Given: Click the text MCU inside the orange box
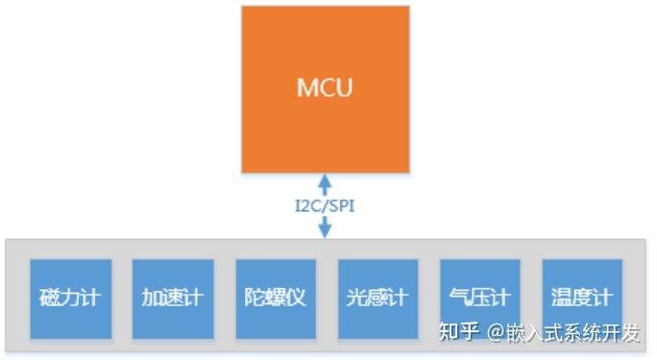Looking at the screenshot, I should pos(325,88).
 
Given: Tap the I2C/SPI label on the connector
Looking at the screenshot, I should pos(325,205).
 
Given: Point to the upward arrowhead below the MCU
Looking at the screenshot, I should pos(325,181).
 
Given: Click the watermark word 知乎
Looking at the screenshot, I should pos(458,333).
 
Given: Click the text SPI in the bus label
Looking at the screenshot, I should pos(341,205).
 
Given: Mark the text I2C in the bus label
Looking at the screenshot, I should pos(307,205).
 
